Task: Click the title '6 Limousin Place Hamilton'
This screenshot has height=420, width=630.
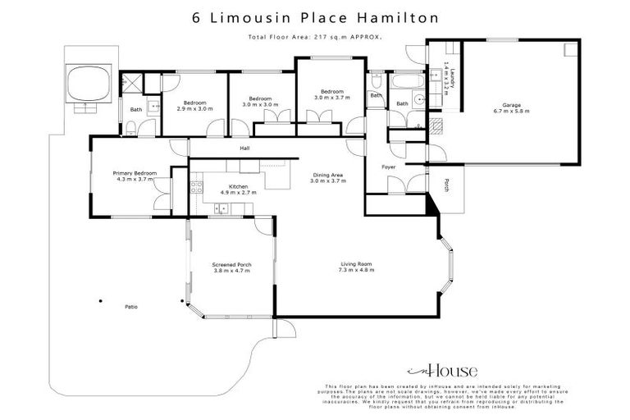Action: [x=315, y=16]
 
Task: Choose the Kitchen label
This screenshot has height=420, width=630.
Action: [x=239, y=187]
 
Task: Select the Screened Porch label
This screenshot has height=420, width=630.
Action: [x=231, y=264]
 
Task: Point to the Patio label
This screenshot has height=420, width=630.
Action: [x=131, y=307]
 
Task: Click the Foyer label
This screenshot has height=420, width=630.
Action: [x=390, y=167]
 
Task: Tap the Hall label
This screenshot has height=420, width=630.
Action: [x=244, y=148]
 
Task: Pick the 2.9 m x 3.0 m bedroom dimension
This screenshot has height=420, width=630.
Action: [x=194, y=108]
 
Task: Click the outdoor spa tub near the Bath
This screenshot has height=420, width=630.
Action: [x=88, y=83]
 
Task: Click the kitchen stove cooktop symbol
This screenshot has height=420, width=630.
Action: [x=196, y=188]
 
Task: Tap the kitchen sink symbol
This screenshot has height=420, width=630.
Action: [x=221, y=209]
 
